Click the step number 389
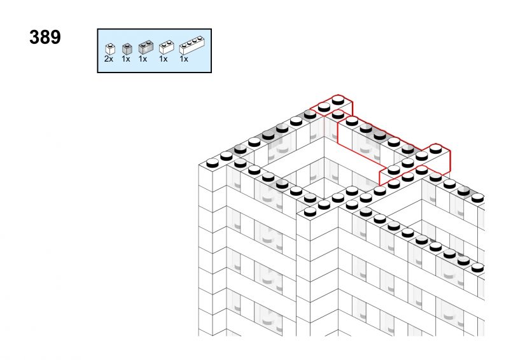tap(45, 37)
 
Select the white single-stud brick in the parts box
tap(110, 49)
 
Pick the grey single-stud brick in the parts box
tap(127, 49)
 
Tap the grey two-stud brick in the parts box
tap(146, 47)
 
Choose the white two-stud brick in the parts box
tap(167, 48)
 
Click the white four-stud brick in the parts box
tap(192, 46)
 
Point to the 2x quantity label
tap(109, 59)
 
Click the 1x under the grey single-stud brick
tap(126, 59)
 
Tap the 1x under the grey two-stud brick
tap(143, 59)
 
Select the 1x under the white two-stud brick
tap(164, 59)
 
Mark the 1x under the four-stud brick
tap(184, 59)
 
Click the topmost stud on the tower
tap(338, 100)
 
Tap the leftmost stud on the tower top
tap(213, 163)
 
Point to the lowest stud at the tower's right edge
tap(478, 268)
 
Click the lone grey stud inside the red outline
tap(408, 149)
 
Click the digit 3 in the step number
tap(34, 37)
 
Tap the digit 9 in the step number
tap(55, 37)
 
